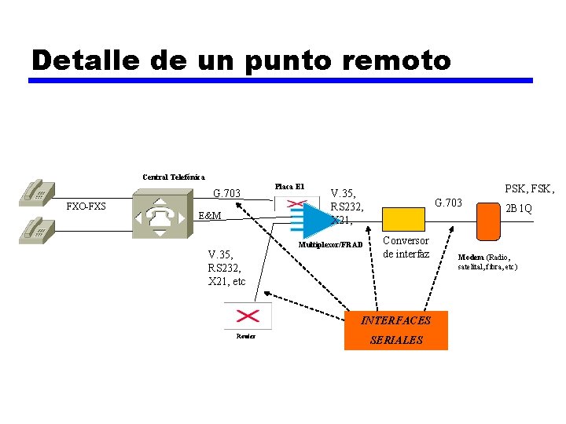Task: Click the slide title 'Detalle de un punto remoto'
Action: [x=241, y=60]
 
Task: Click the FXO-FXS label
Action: [x=86, y=207]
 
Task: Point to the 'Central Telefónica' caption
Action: [x=173, y=177]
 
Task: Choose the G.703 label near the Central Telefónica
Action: [x=227, y=193]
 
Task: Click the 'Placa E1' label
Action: [x=289, y=187]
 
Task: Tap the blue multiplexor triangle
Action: [x=316, y=219]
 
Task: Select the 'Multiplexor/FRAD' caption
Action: [x=331, y=245]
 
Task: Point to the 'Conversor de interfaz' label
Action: [x=406, y=247]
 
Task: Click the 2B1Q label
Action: [x=518, y=209]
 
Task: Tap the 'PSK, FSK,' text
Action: [x=529, y=188]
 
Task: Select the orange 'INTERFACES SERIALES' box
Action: [x=396, y=330]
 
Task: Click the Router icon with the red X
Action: [x=248, y=316]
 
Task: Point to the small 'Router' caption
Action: [x=245, y=337]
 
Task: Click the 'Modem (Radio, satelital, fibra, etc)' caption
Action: [x=488, y=261]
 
